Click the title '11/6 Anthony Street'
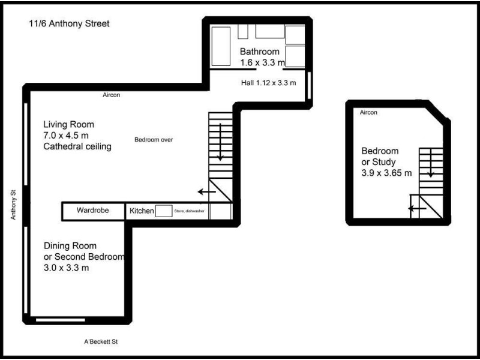point(68,24)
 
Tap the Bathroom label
point(259,51)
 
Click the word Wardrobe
point(93,211)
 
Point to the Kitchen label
point(142,211)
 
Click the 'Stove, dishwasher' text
point(188,211)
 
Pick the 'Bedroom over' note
point(154,140)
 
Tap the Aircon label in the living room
point(112,95)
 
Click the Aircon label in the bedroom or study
point(369,113)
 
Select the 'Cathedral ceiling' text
point(77,146)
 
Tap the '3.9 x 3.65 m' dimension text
point(386,173)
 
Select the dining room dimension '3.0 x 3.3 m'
point(67,268)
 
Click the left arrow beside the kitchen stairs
point(207,192)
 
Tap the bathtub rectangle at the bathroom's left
point(221,46)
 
